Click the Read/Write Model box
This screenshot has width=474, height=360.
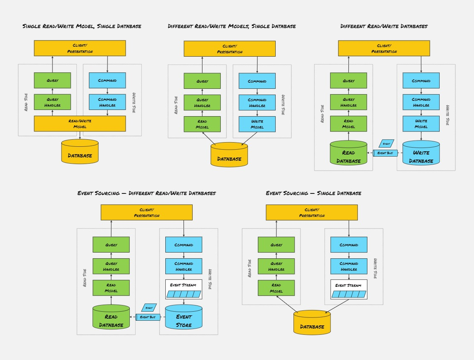point(80,124)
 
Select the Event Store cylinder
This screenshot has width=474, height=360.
point(183,318)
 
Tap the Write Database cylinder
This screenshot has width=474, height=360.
point(421,154)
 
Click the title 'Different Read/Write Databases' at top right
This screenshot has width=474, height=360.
point(383,26)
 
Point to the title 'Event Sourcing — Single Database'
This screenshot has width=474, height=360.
point(313,193)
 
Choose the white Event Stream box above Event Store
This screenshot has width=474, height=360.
point(183,289)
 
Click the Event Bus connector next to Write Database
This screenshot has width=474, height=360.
point(385,153)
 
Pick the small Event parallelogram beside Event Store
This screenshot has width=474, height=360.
point(149,308)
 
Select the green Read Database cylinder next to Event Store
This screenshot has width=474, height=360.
point(111,318)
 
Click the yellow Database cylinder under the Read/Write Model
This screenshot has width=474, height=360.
point(80,153)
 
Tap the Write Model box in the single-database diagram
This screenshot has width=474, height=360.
point(257,124)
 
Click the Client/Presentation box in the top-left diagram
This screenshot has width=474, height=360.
point(80,48)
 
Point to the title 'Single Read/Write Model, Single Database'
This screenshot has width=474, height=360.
point(82,26)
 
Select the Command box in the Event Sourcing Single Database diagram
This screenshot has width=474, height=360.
point(349,245)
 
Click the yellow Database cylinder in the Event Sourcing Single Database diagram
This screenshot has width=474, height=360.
point(312,323)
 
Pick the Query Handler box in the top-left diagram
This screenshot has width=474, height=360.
point(52,102)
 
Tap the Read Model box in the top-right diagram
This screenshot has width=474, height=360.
point(348,124)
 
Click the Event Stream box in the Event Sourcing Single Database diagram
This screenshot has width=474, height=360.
point(349,289)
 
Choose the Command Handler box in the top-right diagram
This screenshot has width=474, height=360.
point(421,102)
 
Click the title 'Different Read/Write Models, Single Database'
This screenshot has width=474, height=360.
point(231,26)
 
